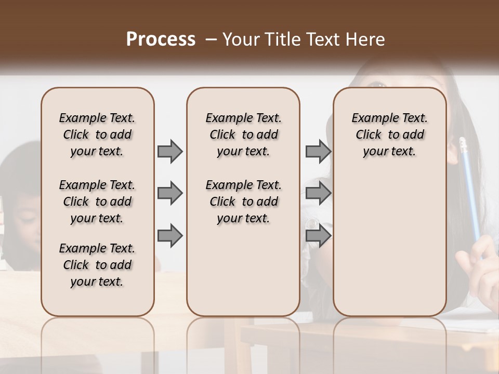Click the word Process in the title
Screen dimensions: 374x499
pyautogui.click(x=161, y=39)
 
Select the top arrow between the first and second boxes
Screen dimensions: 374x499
pyautogui.click(x=170, y=151)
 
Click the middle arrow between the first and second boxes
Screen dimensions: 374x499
pyautogui.click(x=170, y=193)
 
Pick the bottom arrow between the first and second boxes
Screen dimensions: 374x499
pyautogui.click(x=170, y=235)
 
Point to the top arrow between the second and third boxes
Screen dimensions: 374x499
pyautogui.click(x=318, y=151)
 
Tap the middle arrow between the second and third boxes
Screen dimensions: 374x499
pyautogui.click(x=318, y=193)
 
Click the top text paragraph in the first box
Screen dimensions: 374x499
pyautogui.click(x=97, y=135)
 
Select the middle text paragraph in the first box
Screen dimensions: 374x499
pyautogui.click(x=97, y=202)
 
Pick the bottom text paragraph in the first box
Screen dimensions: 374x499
pyautogui.click(x=97, y=265)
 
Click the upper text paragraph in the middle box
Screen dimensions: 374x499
pyautogui.click(x=243, y=135)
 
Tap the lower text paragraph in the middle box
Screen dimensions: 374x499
pyautogui.click(x=243, y=202)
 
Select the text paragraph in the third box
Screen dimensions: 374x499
pyautogui.click(x=389, y=135)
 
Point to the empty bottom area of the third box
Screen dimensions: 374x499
pyautogui.click(x=389, y=249)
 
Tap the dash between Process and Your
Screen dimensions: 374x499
pyautogui.click(x=212, y=39)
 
